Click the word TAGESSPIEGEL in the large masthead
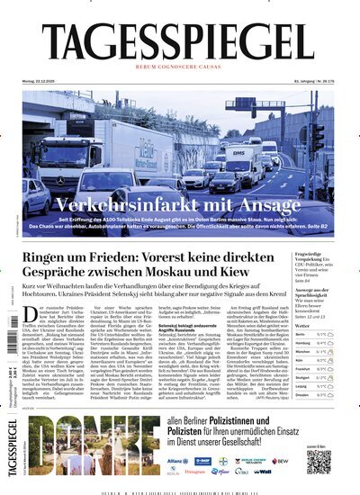click(x=180, y=42)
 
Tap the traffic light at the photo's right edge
click(x=318, y=135)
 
